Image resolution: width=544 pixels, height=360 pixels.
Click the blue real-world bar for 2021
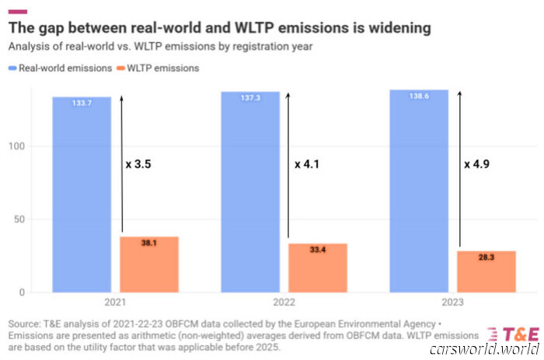[x=82, y=194]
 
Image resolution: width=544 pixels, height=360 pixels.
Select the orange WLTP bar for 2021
[x=149, y=264]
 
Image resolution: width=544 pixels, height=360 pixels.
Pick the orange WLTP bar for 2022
[x=318, y=268]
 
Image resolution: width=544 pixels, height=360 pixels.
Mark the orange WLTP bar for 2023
[x=486, y=271]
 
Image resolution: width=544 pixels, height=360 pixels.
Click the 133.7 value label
[x=82, y=103]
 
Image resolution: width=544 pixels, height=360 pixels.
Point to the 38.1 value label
[x=149, y=243]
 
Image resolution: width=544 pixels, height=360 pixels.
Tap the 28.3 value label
[x=486, y=257]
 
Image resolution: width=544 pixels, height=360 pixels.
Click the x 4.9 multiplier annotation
[x=477, y=165]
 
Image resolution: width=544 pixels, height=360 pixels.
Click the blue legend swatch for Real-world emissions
[x=15, y=68]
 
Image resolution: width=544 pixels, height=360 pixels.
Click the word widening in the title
[x=392, y=29]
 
